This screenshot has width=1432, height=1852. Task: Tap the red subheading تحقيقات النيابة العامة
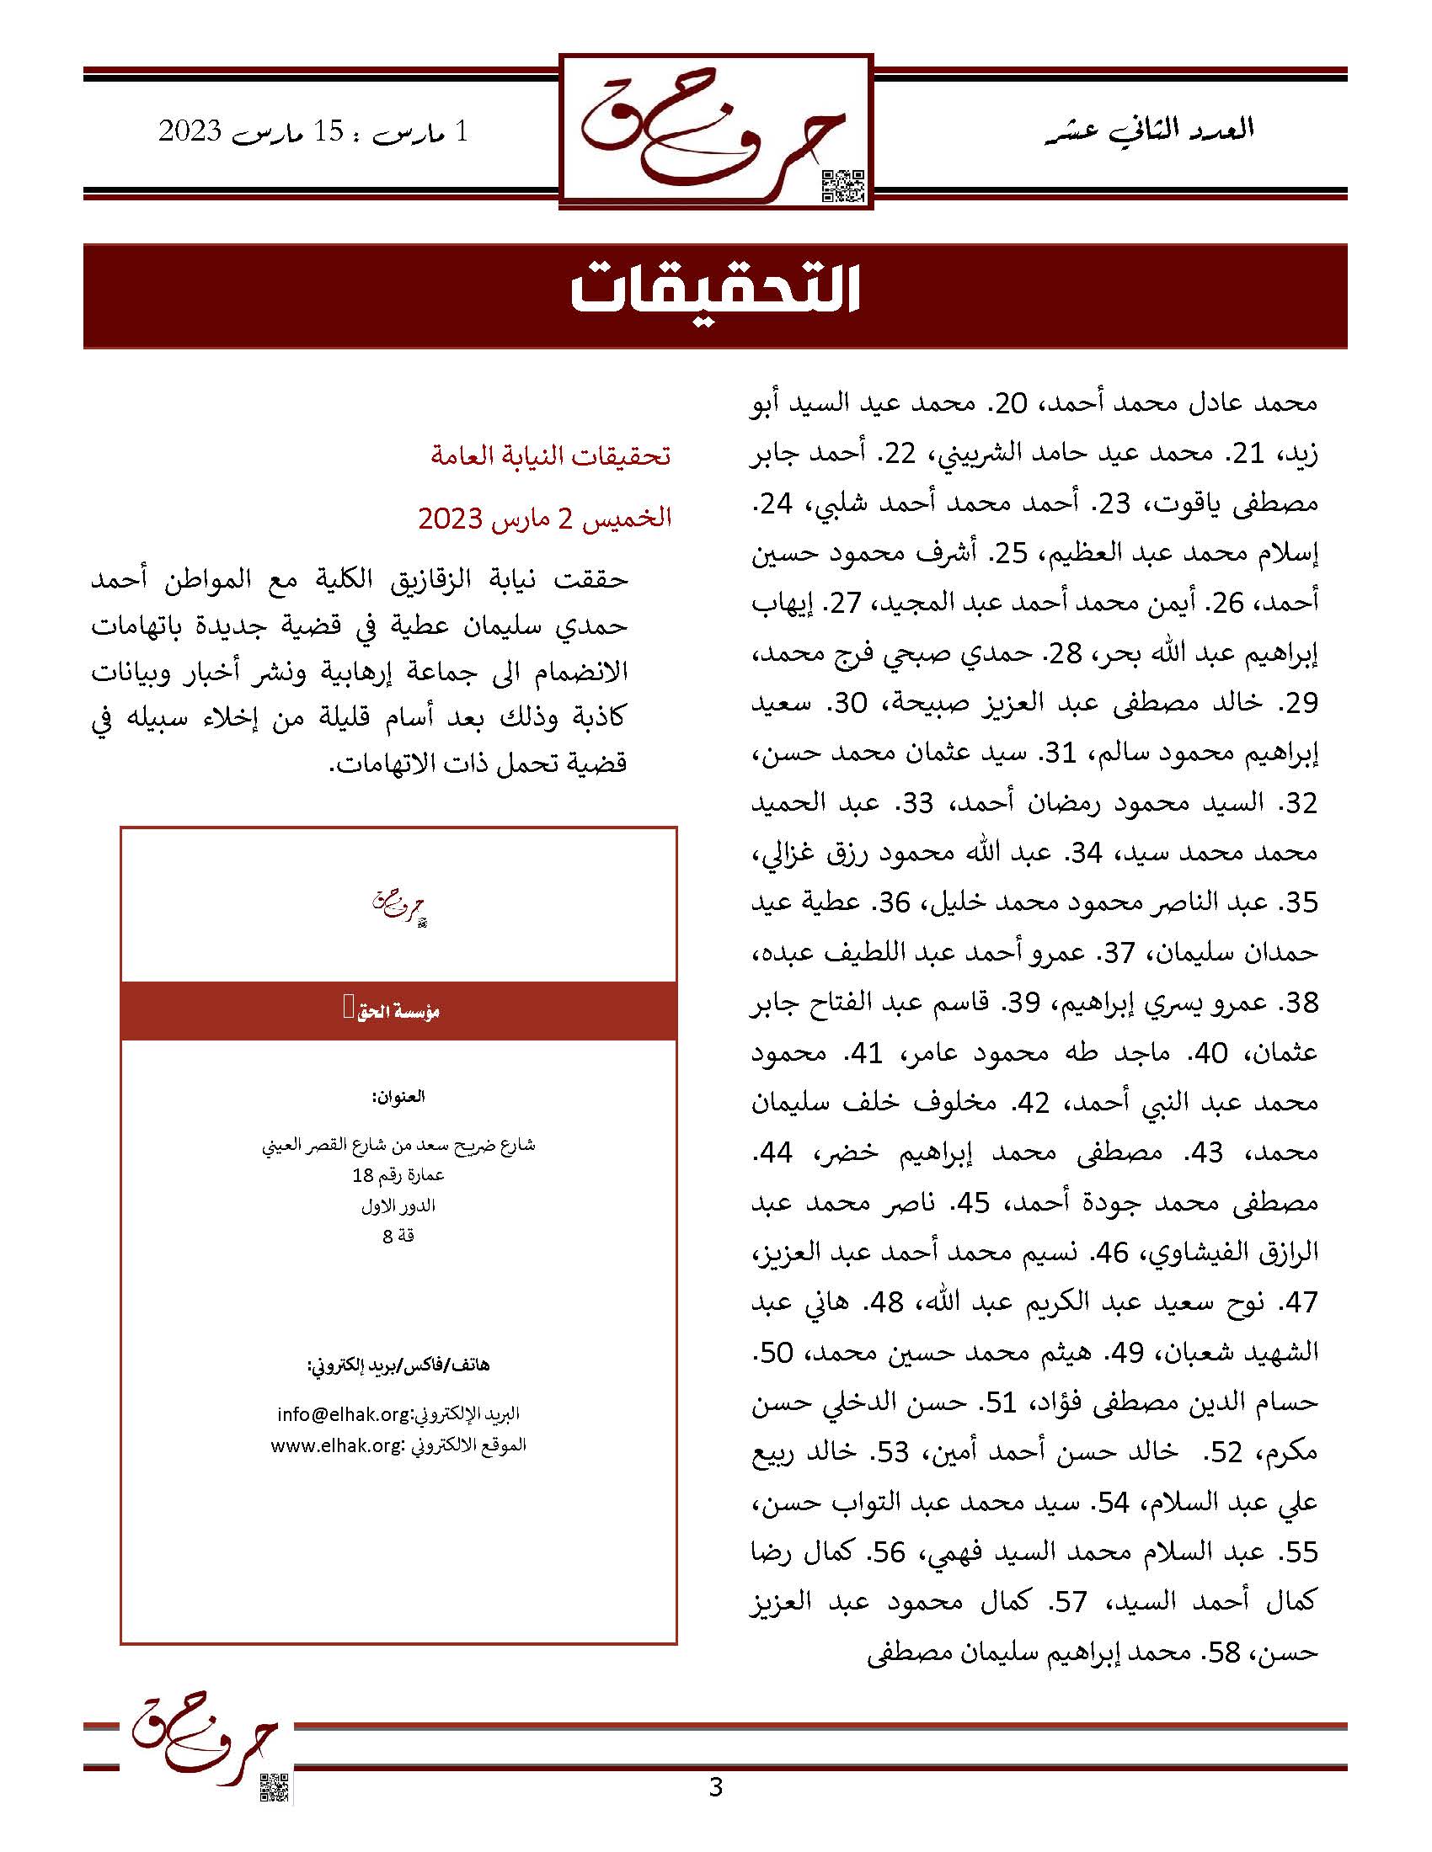pyautogui.click(x=551, y=456)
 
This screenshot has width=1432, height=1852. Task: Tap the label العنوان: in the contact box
pyautogui.click(x=398, y=1096)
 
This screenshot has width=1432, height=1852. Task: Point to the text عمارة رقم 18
pyautogui.click(x=398, y=1175)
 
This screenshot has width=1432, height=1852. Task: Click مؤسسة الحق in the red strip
pyautogui.click(x=398, y=1011)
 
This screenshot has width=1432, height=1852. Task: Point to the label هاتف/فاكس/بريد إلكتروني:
pyautogui.click(x=398, y=1365)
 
